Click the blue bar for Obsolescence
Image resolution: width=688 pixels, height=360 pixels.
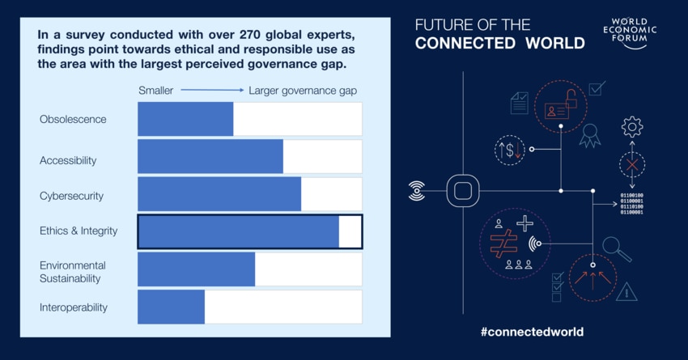185,119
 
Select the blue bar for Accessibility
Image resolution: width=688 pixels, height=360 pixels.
210,157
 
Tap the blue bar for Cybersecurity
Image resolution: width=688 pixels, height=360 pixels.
219,194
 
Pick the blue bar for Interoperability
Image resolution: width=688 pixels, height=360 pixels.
171,307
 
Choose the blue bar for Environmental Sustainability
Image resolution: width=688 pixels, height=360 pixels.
196,269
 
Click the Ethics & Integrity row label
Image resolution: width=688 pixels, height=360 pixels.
79,231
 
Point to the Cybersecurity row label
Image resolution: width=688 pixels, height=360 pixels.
72,196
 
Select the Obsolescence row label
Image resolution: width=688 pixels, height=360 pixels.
73,120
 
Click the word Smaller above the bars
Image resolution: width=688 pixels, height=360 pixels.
155,91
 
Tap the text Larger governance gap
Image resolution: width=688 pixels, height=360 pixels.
303,91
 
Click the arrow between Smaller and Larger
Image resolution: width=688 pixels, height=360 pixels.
212,91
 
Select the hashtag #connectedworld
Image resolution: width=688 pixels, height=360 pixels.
531,332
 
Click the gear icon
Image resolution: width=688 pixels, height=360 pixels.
631,126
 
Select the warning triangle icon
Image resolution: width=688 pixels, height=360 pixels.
626,291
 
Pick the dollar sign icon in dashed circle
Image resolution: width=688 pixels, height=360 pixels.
510,150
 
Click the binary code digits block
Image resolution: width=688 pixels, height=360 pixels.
631,203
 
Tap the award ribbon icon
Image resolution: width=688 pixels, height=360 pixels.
589,134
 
